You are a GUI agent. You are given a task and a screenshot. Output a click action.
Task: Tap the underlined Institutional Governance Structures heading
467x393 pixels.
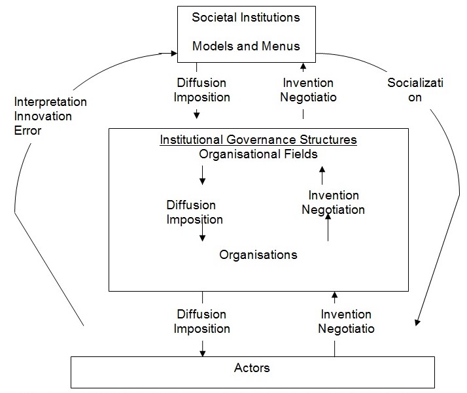pos(258,140)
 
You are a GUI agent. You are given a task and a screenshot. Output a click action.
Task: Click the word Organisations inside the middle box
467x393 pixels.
pos(258,254)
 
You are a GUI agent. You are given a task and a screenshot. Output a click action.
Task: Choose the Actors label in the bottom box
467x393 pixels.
pos(252,368)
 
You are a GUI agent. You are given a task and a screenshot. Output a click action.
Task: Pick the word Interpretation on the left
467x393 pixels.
pos(51,103)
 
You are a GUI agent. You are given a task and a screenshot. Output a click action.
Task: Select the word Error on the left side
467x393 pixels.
pos(27,130)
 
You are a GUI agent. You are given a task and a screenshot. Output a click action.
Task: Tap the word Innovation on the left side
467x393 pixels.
pos(43,116)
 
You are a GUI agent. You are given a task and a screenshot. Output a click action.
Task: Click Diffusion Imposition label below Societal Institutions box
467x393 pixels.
pos(203,90)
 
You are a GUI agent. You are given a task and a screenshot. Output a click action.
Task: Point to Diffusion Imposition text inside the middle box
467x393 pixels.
pos(195,213)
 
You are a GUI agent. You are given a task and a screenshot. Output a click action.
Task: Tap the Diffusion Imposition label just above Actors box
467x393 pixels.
pos(202,322)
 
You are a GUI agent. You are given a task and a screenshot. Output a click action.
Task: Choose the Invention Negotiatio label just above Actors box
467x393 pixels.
pos(347,322)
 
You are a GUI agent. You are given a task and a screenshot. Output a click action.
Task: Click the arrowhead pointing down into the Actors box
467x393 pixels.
pos(203,354)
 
